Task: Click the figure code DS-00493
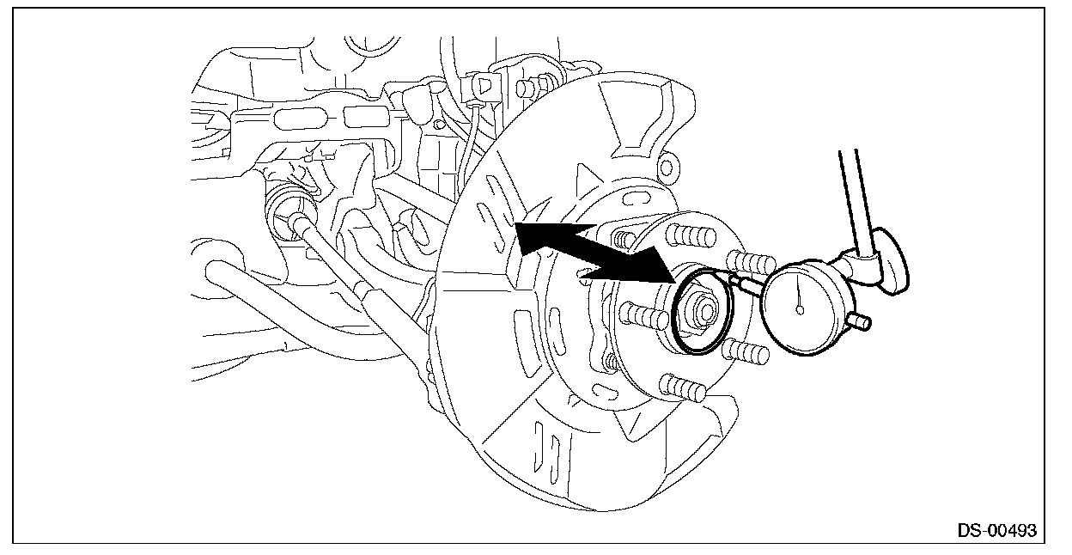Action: [996, 530]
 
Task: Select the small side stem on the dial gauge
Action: [858, 322]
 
